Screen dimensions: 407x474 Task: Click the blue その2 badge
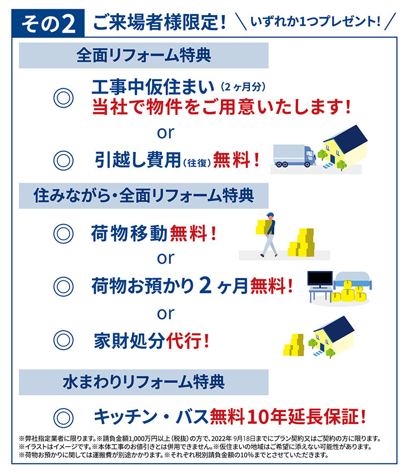click(48, 23)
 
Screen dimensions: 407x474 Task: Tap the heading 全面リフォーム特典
click(144, 55)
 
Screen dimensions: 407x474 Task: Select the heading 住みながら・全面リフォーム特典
click(144, 196)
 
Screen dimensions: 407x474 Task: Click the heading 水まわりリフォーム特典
click(144, 382)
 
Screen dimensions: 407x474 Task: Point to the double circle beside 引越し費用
click(63, 160)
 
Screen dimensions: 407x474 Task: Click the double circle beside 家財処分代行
click(63, 340)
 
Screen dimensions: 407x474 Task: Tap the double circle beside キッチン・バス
click(63, 418)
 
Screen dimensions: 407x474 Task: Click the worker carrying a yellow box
click(267, 234)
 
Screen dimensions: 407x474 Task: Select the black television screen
click(320, 279)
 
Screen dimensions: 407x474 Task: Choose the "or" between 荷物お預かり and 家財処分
click(165, 314)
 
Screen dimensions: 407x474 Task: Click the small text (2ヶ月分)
click(243, 87)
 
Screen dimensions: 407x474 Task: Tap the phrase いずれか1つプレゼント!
click(315, 21)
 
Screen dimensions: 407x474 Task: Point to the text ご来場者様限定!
click(160, 22)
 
